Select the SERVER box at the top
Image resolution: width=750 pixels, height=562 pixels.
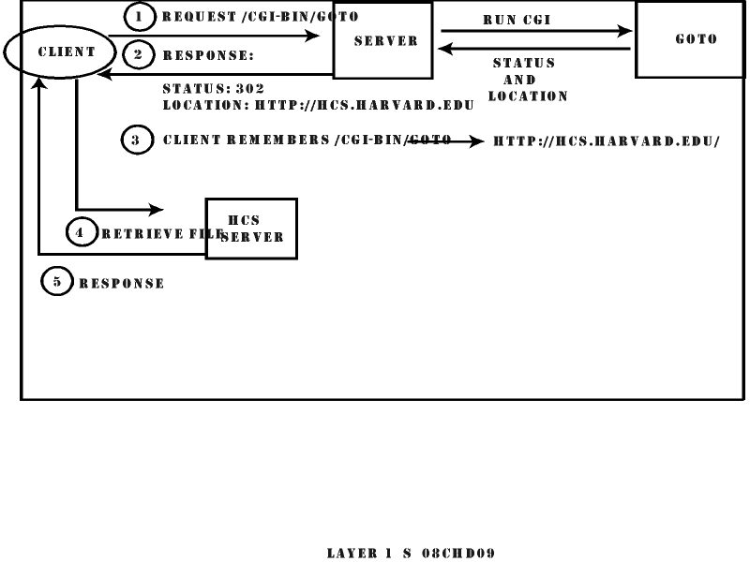383,40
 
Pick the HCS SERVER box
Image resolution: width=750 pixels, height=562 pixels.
251,228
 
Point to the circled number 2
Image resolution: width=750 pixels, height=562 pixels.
138,54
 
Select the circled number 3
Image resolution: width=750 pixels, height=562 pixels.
136,140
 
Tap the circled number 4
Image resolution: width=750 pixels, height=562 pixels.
80,233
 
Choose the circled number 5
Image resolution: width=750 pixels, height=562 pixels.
56,282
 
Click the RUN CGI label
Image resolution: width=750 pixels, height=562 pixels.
517,20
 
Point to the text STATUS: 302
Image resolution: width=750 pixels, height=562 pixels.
213,89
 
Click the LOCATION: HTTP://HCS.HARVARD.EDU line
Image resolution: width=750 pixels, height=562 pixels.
318,105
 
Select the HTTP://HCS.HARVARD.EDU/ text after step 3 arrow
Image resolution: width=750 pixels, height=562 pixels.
607,141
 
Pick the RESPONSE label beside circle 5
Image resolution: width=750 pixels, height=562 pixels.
122,284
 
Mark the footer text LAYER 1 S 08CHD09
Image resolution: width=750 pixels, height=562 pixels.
411,554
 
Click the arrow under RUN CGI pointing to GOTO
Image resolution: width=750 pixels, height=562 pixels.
535,31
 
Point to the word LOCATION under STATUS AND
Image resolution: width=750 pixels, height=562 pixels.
528,96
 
